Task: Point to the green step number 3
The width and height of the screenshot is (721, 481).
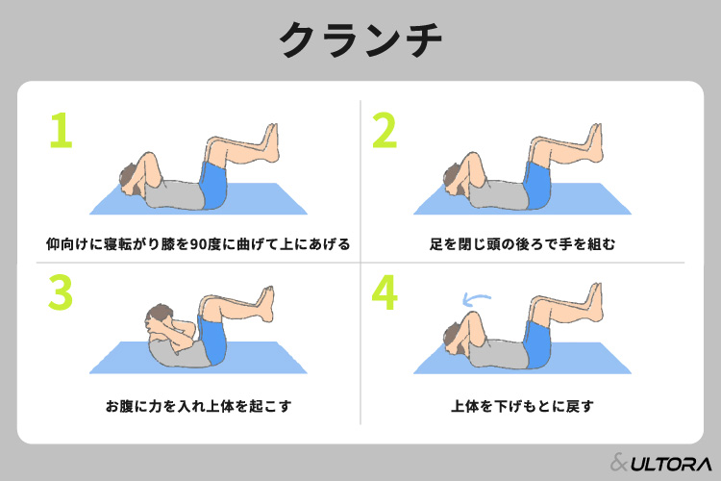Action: pos(60,292)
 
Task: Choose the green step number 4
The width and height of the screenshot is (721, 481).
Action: pos(384,292)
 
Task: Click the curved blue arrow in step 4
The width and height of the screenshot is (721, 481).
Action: pos(474,299)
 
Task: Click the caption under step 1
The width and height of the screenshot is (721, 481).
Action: pos(198,243)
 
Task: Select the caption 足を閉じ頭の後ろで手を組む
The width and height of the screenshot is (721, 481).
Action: pos(522,243)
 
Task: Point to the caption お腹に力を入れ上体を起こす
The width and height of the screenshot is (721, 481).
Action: pos(198,405)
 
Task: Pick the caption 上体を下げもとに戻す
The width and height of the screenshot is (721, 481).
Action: pos(522,405)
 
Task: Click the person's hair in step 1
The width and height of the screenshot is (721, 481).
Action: pos(126,175)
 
